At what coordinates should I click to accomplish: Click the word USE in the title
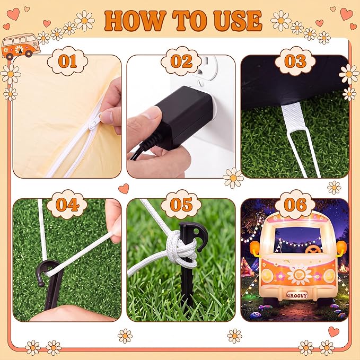coord(235,21)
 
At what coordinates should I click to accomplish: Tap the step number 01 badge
coord(67,61)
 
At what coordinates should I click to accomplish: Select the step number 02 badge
coord(181,61)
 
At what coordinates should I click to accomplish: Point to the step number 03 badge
coord(295,61)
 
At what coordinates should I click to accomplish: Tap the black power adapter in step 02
coord(183,117)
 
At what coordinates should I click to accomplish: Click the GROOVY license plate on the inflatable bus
coord(297,295)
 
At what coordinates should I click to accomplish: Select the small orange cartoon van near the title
coord(20,47)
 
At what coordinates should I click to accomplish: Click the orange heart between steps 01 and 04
coord(124,189)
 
